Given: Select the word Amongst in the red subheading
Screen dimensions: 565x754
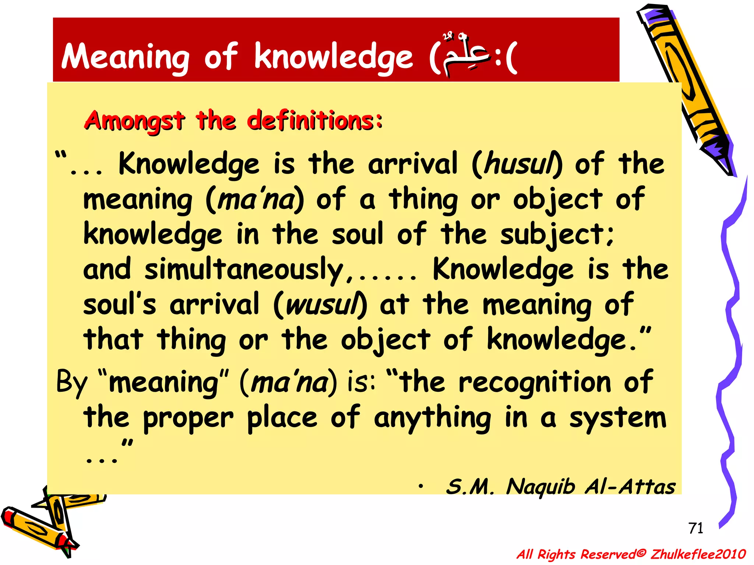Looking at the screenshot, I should pyautogui.click(x=134, y=121).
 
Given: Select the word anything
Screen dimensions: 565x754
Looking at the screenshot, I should pyautogui.click(x=433, y=418).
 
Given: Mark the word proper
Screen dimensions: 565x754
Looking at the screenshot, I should pyautogui.click(x=188, y=418).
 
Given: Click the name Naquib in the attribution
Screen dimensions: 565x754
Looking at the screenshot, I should pyautogui.click(x=540, y=487).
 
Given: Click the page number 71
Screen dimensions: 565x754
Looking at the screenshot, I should pyautogui.click(x=695, y=528).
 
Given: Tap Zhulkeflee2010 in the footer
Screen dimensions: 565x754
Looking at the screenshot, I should pyautogui.click(x=698, y=554).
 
